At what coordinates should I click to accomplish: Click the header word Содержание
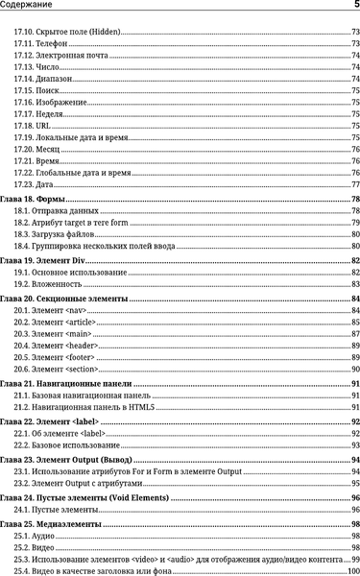(30, 7)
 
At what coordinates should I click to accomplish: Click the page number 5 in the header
(355, 7)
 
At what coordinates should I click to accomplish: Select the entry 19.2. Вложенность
(47, 284)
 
